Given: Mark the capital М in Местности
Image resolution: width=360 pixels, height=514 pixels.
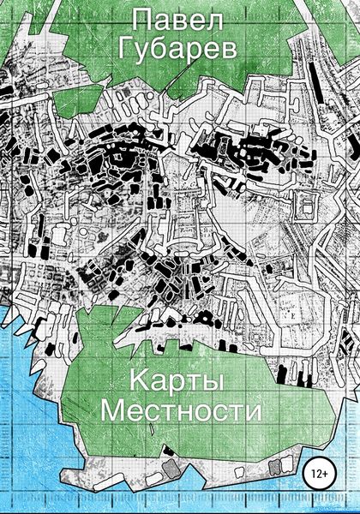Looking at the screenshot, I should click(114, 410).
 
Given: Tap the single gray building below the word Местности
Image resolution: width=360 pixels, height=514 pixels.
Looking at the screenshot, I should click(169, 471).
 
